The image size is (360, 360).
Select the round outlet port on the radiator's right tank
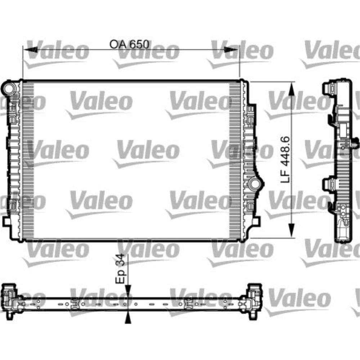tap(255, 184)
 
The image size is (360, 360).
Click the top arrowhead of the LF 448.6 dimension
tap(292, 87)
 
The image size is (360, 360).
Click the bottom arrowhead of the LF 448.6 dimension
tap(292, 230)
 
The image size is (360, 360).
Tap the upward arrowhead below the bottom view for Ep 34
tap(127, 318)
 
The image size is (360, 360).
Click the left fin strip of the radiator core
tap(28, 160)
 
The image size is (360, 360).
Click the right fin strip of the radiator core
tap(234, 160)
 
